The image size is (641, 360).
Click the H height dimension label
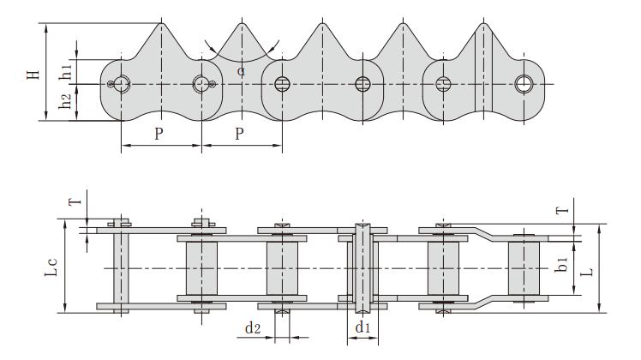click(33, 71)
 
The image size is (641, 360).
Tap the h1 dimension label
click(65, 69)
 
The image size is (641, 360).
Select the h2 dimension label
click(65, 102)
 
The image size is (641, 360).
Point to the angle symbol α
click(241, 71)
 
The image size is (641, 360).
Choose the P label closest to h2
click(159, 135)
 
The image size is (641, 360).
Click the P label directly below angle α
click(240, 135)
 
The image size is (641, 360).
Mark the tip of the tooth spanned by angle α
click(241, 21)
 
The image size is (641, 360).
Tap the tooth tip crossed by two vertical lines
click(483, 21)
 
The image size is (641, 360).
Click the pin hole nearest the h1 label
click(121, 83)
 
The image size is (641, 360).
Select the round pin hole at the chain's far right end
click(524, 83)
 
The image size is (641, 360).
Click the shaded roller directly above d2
click(282, 267)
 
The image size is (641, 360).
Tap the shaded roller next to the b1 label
click(524, 267)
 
